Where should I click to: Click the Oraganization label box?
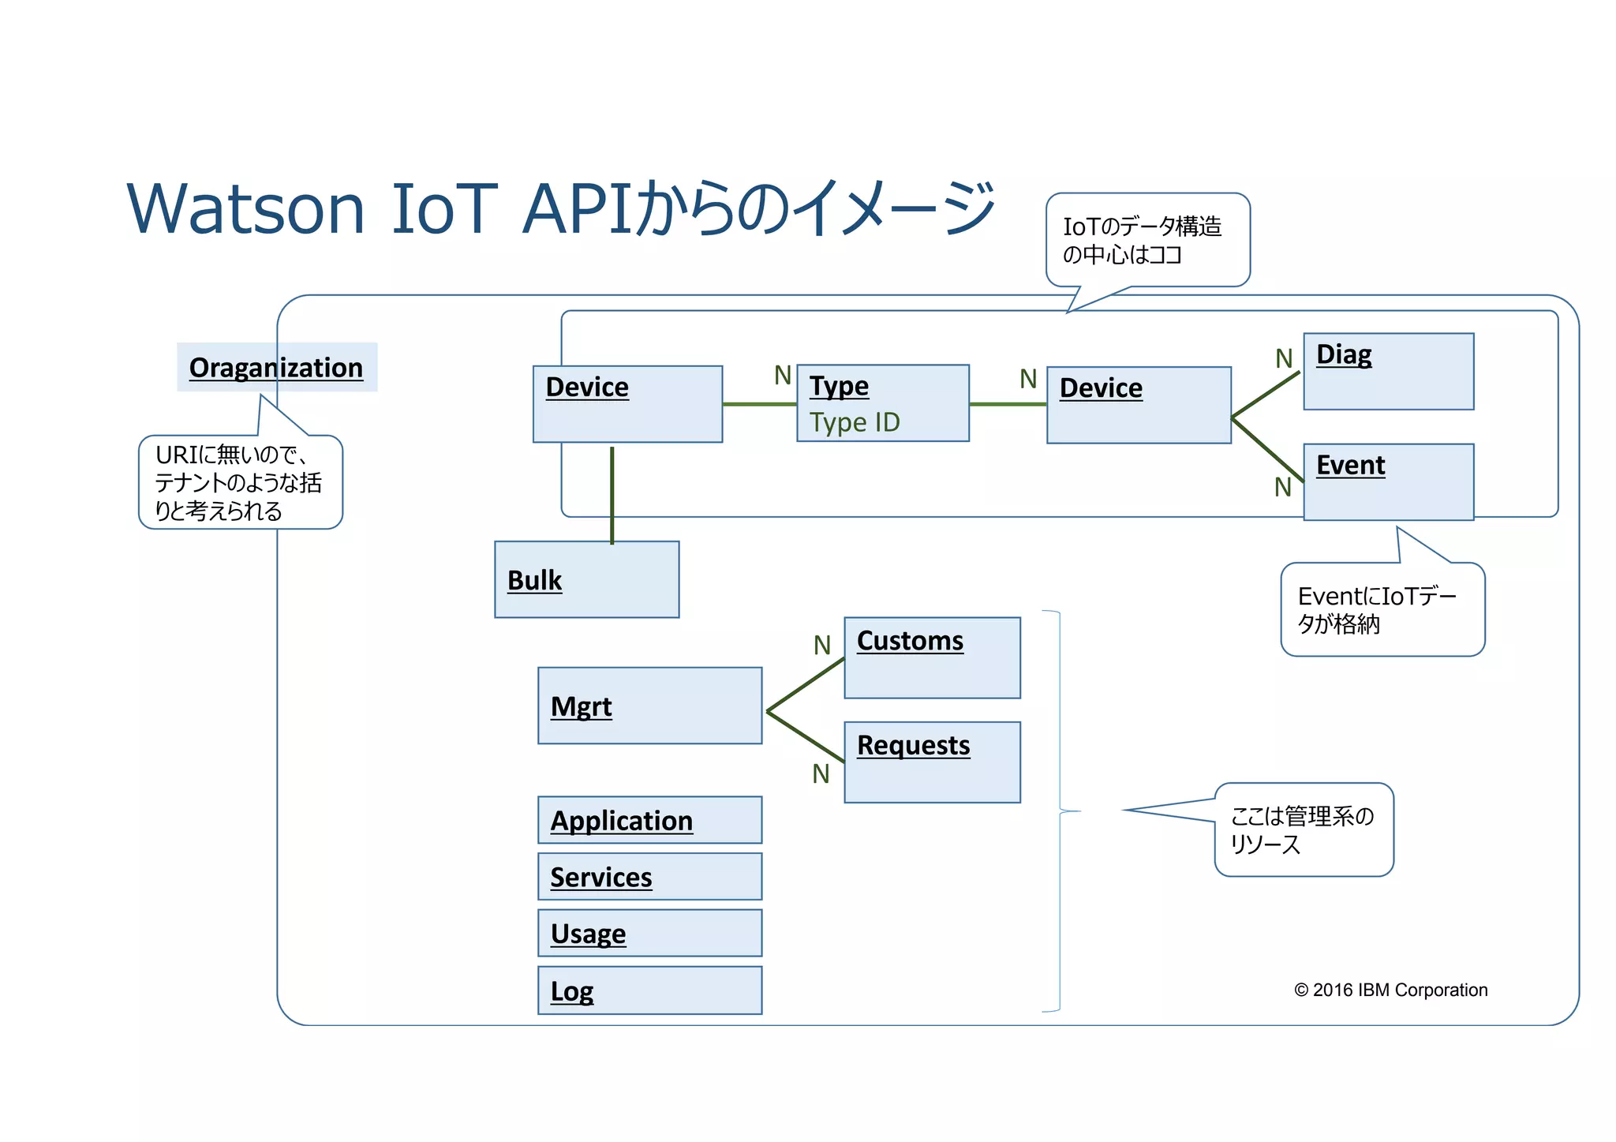click(276, 367)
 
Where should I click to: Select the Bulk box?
click(586, 579)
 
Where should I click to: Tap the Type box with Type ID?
click(882, 403)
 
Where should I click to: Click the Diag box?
click(1388, 371)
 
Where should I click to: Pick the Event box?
click(1388, 481)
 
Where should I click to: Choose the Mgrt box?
click(649, 706)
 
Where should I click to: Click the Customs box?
click(932, 657)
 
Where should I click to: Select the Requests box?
click(932, 762)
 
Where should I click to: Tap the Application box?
click(649, 820)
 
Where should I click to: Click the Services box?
click(649, 876)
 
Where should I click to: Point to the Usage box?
click(649, 933)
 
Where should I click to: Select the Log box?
click(649, 990)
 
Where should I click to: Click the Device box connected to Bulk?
click(627, 403)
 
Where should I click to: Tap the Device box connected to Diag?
click(1139, 405)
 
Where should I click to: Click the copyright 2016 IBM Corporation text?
click(1390, 990)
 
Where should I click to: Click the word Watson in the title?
click(245, 208)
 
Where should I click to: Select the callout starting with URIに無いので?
click(240, 482)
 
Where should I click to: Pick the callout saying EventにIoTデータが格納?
click(1382, 609)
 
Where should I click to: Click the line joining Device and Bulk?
click(612, 495)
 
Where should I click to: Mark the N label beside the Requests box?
click(821, 773)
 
